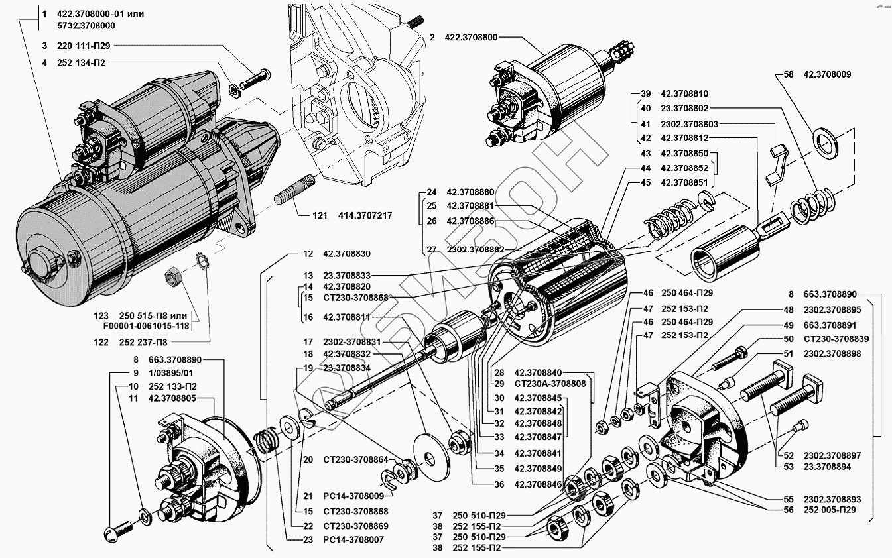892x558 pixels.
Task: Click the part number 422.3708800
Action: (471, 37)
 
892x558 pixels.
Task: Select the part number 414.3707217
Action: (365, 215)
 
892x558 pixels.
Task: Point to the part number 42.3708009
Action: (827, 74)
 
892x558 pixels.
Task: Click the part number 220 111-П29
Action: (84, 46)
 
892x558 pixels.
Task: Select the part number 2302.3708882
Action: (476, 250)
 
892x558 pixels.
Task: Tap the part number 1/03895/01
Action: (170, 373)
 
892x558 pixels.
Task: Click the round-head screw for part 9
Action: (118, 531)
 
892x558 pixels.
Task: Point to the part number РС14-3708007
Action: (353, 539)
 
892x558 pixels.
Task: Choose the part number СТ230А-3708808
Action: (550, 384)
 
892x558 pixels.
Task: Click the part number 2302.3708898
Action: (832, 353)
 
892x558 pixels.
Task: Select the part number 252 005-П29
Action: (830, 510)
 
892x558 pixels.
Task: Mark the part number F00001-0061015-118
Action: (146, 326)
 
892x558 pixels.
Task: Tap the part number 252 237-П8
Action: (143, 342)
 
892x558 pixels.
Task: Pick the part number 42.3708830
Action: (347, 254)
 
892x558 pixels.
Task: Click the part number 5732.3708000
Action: (86, 26)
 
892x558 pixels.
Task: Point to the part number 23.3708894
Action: (827, 467)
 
